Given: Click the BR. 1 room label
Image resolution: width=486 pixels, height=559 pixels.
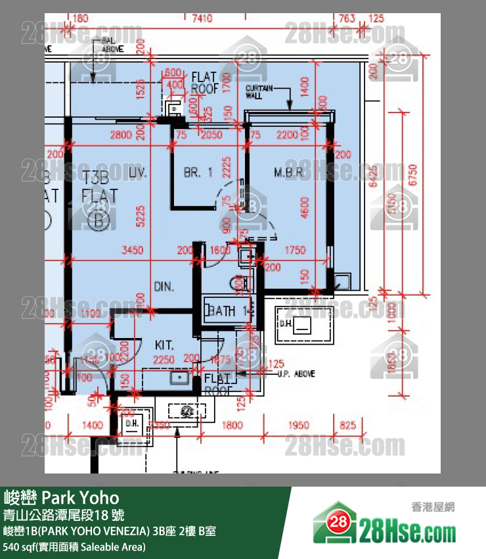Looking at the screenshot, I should click(198, 173).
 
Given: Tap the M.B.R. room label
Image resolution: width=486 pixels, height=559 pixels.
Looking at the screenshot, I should click(288, 173).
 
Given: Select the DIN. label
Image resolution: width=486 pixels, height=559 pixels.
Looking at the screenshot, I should click(164, 286).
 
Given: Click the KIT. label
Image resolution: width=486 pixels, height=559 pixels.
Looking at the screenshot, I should click(164, 345).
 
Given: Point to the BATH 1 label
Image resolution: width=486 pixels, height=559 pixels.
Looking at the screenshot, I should click(230, 311).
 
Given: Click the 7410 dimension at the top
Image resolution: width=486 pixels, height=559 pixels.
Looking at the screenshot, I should click(202, 18).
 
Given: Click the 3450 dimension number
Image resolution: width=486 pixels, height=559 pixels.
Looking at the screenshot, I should click(133, 250).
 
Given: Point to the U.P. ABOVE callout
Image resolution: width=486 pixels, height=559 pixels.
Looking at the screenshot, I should click(296, 374).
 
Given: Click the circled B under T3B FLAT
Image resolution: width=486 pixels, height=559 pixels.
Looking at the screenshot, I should click(99, 220).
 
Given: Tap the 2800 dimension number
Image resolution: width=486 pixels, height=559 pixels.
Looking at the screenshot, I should click(121, 135).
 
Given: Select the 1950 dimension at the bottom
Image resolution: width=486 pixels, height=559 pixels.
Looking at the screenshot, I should click(299, 426).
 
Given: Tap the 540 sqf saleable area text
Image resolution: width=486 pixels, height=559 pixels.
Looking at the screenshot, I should click(74, 547).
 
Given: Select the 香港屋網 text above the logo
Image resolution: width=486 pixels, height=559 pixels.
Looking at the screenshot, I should click(433, 507).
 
